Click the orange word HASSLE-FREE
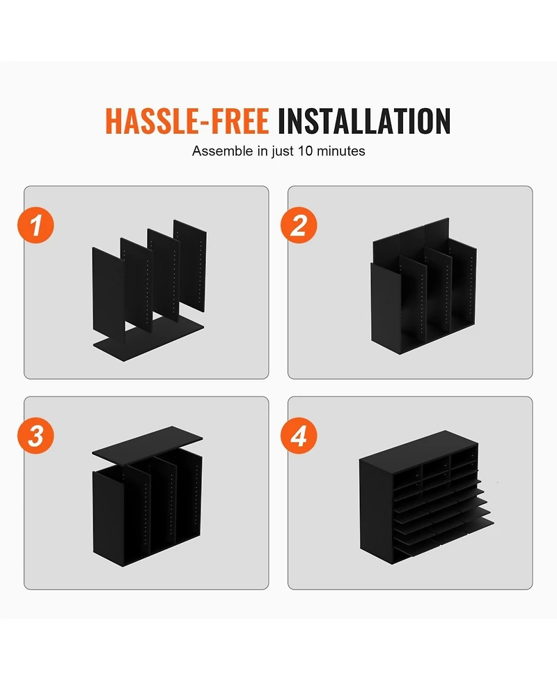tap(187, 121)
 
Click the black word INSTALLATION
tap(364, 121)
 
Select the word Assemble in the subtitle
tap(223, 151)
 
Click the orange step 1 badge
tap(36, 225)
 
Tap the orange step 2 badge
tap(299, 225)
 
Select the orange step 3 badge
tap(36, 435)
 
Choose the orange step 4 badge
tap(299, 435)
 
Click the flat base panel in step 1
tap(148, 342)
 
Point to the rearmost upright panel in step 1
tap(191, 265)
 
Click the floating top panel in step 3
tap(148, 446)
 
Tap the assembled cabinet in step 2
tap(424, 286)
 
